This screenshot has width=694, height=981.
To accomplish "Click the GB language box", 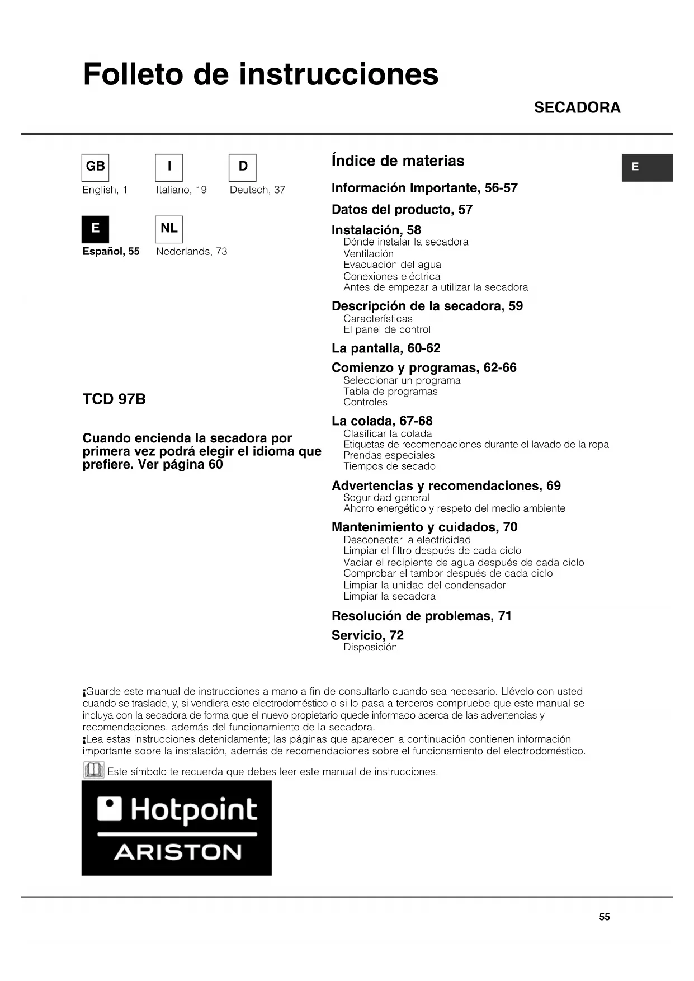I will click(96, 167).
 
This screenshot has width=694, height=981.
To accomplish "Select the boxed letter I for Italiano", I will click(169, 167).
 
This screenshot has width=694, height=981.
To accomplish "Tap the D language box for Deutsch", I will click(243, 167).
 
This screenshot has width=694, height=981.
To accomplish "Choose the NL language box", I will click(169, 229).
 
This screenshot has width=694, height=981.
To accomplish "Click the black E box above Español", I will click(96, 229).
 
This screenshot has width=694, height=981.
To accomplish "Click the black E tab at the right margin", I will click(646, 167).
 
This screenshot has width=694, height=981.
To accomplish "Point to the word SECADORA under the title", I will click(577, 107).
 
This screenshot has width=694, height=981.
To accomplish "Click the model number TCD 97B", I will click(114, 399).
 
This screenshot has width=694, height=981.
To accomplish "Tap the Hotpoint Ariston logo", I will click(177, 828).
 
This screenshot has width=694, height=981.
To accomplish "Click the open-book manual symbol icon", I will click(93, 771).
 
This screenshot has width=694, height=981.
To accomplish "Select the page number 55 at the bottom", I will click(605, 917).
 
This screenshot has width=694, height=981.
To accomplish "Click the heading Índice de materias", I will click(398, 161).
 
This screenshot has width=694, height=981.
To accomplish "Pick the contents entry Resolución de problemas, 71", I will click(422, 616).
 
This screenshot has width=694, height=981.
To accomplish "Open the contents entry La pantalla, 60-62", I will click(386, 348).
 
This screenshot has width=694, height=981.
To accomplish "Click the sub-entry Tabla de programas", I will click(390, 392).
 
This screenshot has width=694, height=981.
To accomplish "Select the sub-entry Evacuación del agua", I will click(392, 265).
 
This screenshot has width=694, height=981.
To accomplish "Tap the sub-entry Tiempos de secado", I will click(389, 466).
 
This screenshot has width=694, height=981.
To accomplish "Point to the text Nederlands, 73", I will click(192, 252).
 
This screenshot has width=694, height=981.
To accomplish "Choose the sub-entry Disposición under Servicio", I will click(370, 648).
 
